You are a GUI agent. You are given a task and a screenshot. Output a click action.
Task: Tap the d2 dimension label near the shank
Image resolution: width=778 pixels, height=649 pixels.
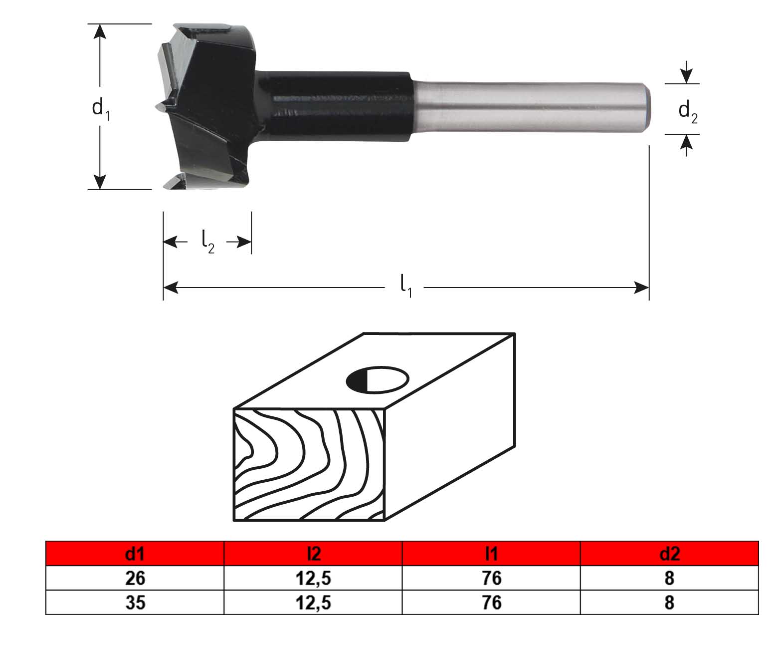pos(688,112)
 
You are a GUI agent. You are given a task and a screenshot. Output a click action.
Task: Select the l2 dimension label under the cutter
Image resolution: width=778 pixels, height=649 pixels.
pos(207,242)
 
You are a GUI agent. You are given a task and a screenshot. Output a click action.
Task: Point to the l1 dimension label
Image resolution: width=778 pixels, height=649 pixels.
pos(406,286)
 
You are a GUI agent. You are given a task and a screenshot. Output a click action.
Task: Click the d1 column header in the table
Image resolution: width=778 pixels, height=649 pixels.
pos(135,554)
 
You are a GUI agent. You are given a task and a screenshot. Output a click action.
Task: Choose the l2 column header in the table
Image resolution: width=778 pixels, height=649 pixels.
pos(313,554)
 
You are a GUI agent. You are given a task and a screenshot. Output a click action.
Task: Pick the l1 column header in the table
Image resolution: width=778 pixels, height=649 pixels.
pos(491,554)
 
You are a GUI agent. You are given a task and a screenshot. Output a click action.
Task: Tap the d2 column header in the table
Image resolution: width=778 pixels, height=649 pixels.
pos(670,554)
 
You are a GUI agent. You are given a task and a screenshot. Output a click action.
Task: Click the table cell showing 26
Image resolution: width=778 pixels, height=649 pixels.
pos(135,578)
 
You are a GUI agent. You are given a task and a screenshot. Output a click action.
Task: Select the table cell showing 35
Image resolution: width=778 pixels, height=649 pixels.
pos(135,603)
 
